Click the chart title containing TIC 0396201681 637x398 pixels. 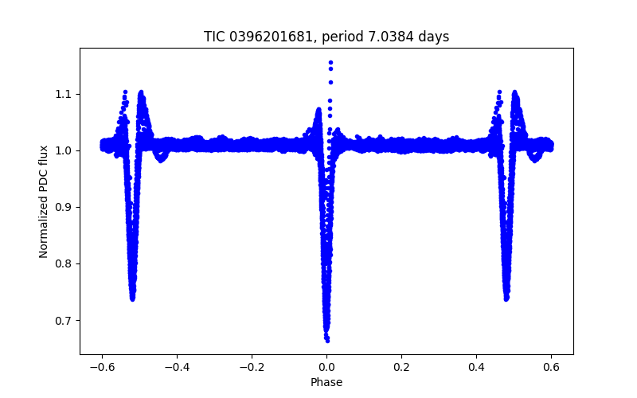[x=326, y=37]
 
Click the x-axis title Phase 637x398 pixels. [x=326, y=382]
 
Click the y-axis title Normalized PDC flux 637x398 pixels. [x=44, y=201]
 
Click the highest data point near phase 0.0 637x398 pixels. [x=330, y=62]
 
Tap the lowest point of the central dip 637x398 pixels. [x=326, y=340]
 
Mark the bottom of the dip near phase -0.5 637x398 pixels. [x=132, y=298]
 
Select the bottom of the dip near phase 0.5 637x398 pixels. [x=506, y=298]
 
